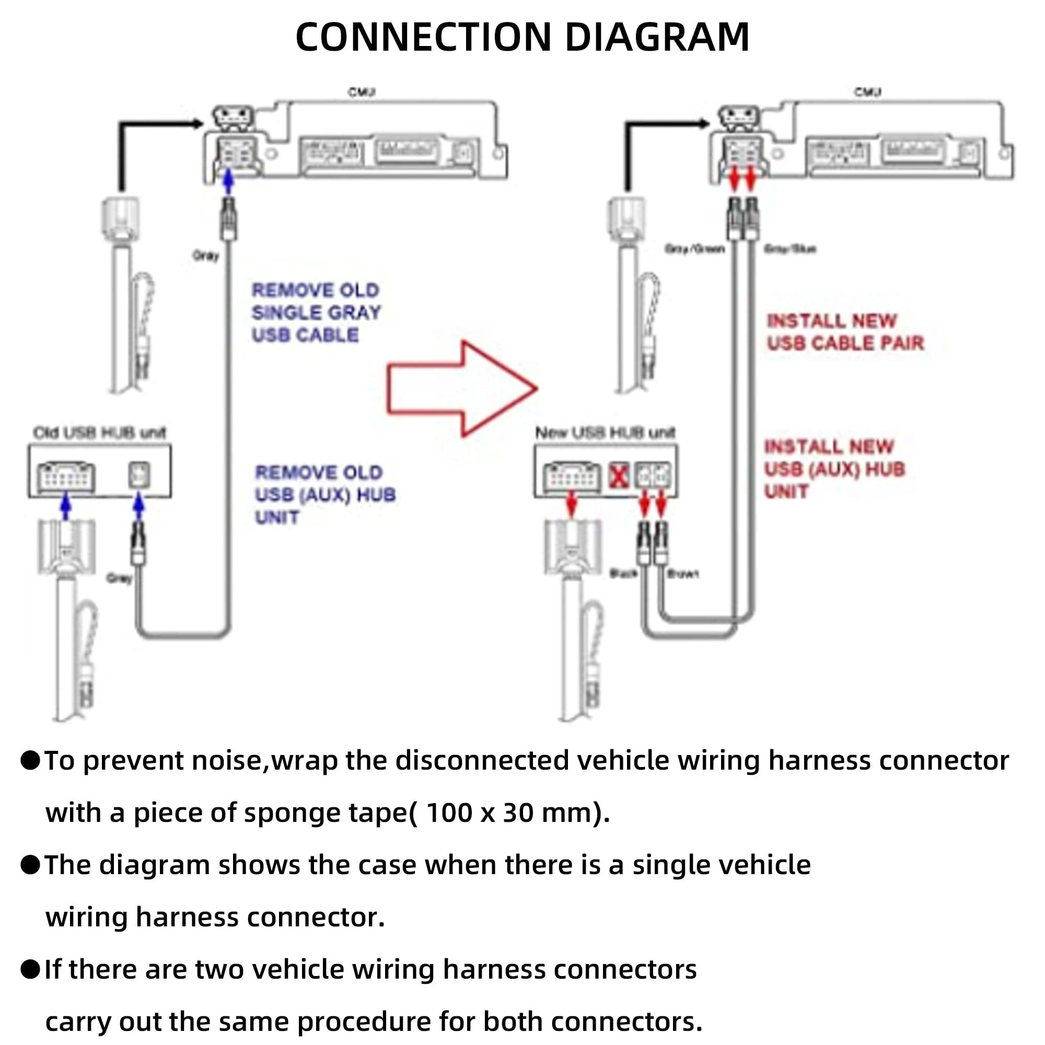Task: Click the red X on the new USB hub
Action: pos(619,476)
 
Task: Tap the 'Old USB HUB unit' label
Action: pos(99,433)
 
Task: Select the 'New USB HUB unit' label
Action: pos(605,433)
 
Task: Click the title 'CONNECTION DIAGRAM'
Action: pos(522,37)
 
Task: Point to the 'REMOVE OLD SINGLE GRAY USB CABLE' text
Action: pos(316,312)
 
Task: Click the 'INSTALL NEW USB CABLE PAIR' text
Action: pos(845,332)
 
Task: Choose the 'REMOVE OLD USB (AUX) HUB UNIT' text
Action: pos(324,494)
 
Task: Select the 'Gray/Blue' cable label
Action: pos(789,249)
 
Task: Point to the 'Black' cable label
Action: pos(623,573)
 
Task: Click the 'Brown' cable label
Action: pos(683,573)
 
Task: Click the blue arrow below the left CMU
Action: pos(229,182)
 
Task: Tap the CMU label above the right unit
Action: pos(867,92)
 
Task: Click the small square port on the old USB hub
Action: pos(139,475)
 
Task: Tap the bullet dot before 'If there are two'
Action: pos(30,969)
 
